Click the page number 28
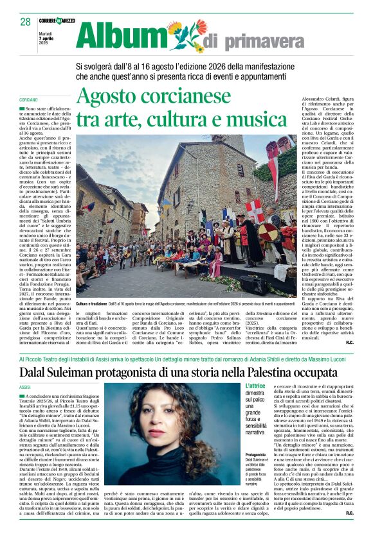click(x=25, y=21)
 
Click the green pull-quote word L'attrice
click(x=255, y=386)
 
